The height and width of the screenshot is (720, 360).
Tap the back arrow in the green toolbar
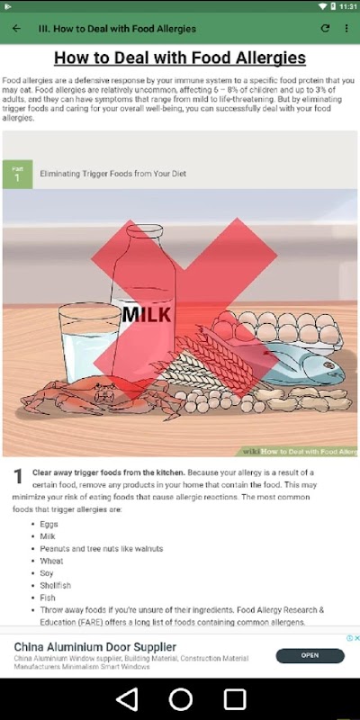pos(16,29)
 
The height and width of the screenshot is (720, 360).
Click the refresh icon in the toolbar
pos(325,29)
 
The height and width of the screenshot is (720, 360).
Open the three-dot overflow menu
pos(346,29)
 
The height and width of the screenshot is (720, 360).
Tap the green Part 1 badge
pos(17,174)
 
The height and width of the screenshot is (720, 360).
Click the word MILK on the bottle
pos(147,315)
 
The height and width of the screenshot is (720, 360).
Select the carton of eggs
pos(280,329)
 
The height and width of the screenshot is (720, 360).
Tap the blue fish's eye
pos(328,365)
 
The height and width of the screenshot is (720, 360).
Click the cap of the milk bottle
pos(144,229)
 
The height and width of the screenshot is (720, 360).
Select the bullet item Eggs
pos(49,524)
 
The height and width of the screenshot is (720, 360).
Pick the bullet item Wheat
pos(51,561)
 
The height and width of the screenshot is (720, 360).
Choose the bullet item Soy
pos(47,573)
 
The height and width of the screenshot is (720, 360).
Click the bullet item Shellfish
pos(55,586)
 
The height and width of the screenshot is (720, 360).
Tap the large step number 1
pos(17,476)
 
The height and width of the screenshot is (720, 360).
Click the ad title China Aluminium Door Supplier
pos(95,647)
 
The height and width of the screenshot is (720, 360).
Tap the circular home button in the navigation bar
pos(181,699)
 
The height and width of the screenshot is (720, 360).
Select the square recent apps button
pos(235,699)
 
